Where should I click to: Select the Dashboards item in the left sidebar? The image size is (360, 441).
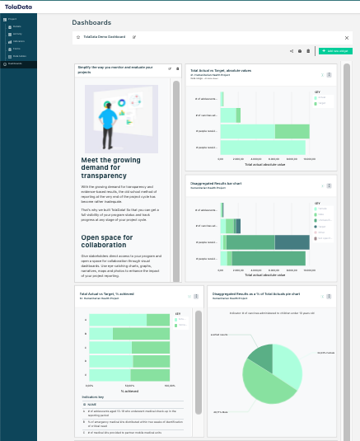(14, 63)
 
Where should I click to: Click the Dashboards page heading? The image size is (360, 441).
(91, 23)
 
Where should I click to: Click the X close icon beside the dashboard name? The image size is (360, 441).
(346, 37)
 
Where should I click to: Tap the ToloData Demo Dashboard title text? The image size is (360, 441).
(105, 37)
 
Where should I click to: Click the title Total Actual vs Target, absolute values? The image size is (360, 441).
(221, 71)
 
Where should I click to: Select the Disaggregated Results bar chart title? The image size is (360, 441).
(216, 182)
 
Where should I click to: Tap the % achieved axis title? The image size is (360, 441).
(131, 391)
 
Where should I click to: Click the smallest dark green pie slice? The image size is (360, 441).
(262, 355)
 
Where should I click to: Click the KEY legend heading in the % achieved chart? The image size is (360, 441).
(178, 313)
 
